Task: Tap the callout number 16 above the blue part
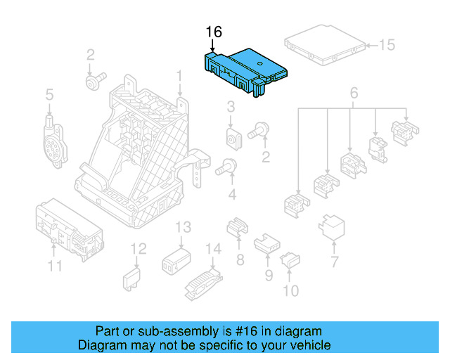point(214,32)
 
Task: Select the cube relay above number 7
point(331,226)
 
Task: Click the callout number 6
point(354,93)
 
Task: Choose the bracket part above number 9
point(265,242)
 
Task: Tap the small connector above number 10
point(290,262)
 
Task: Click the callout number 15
point(387,46)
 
